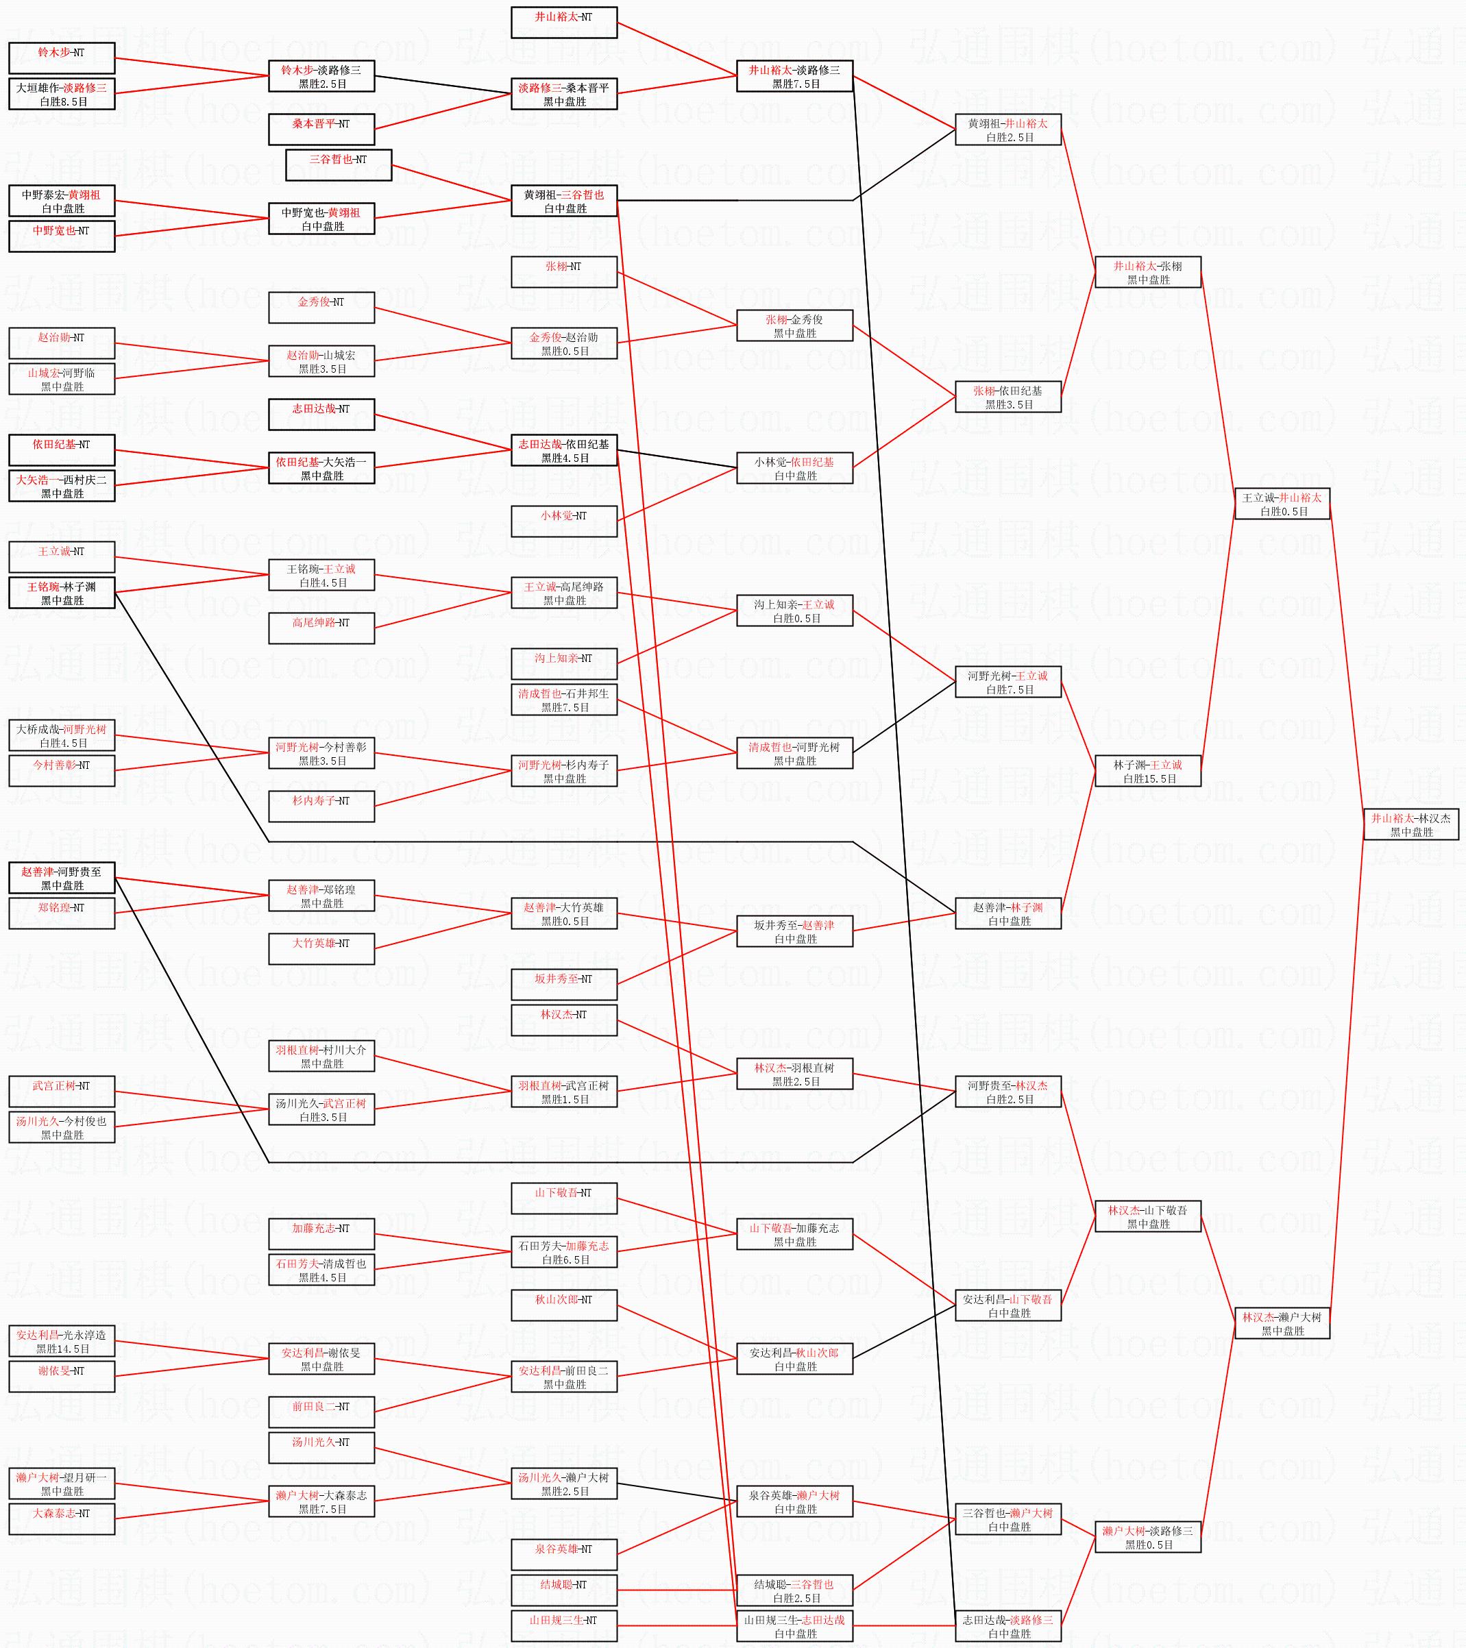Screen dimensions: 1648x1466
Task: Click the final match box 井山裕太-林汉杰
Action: point(1410,825)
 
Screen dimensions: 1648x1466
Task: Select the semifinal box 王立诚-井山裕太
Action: point(1282,504)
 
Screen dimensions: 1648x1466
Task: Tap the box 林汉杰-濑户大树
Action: point(1282,1324)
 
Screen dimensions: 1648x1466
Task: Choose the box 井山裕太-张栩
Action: point(1147,273)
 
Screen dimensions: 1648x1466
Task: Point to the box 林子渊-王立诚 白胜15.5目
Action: point(1147,772)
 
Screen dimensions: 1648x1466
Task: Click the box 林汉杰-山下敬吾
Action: point(1147,1217)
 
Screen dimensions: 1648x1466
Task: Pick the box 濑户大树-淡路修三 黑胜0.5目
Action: point(1147,1538)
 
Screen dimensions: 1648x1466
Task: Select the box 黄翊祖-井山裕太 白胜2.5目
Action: point(1007,130)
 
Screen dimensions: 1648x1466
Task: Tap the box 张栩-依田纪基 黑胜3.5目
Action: point(1007,397)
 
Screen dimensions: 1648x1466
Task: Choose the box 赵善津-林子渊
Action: point(1007,913)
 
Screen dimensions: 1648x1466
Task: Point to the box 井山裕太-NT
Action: point(563,23)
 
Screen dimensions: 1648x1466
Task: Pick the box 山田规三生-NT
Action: point(563,1626)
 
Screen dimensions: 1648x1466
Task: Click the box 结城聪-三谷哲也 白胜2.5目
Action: point(794,1590)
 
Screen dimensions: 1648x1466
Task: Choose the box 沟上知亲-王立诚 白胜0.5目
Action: point(794,611)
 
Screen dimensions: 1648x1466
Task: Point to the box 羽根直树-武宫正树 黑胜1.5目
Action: point(563,1092)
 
